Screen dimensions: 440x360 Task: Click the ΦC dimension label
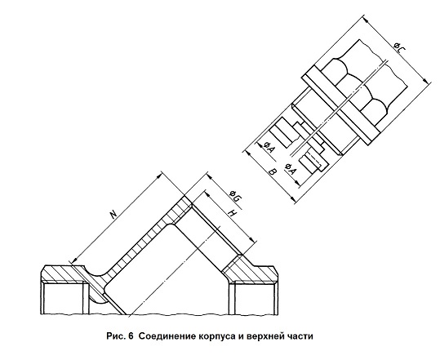(x=398, y=47)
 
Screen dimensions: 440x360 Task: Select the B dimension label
(x=273, y=171)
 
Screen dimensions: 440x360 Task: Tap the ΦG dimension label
(x=234, y=196)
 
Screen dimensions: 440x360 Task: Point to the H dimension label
(x=233, y=213)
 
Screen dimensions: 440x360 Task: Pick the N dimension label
(x=113, y=214)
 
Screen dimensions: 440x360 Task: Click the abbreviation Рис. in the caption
(x=115, y=336)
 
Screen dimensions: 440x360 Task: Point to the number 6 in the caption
(x=131, y=336)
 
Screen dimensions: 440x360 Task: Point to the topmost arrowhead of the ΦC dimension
(x=365, y=19)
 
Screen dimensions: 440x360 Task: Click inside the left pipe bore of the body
(x=63, y=299)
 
